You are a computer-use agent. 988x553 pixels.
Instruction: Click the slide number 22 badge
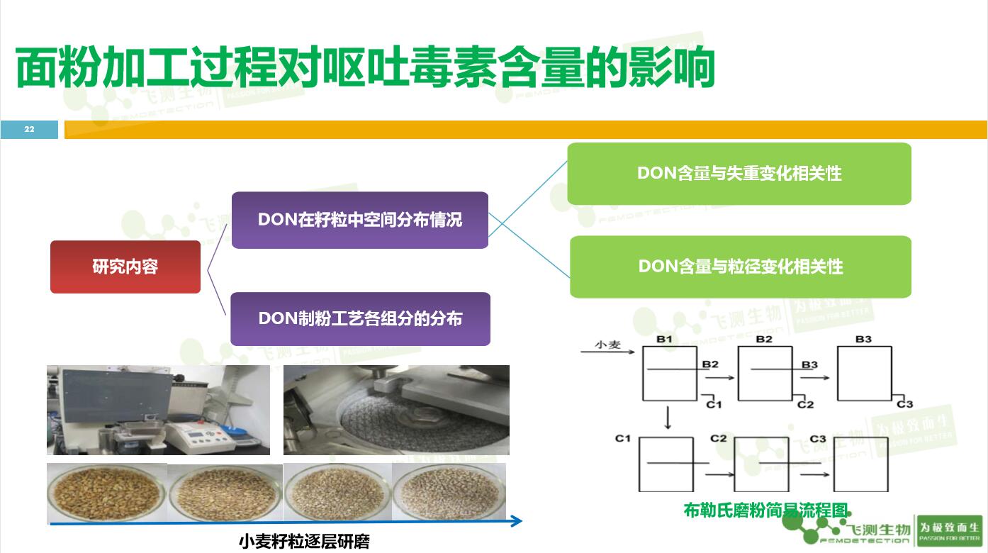click(x=29, y=129)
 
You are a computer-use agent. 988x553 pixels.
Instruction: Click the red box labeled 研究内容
click(x=125, y=267)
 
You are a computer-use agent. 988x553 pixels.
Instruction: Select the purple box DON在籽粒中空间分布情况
click(x=360, y=220)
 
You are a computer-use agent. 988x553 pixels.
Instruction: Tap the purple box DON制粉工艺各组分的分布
click(x=360, y=319)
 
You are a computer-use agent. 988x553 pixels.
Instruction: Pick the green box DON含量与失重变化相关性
click(x=739, y=174)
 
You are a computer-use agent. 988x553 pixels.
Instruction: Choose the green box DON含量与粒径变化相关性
click(x=741, y=267)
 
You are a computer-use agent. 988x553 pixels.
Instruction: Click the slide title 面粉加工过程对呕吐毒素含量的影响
click(x=365, y=69)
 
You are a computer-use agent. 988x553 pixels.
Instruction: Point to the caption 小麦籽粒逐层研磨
click(x=304, y=542)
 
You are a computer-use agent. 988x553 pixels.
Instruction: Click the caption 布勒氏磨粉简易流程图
click(x=766, y=510)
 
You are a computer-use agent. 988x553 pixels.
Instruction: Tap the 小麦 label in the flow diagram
click(x=607, y=345)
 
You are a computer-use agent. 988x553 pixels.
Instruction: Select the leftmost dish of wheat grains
click(x=106, y=493)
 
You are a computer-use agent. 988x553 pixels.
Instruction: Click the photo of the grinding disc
click(x=396, y=410)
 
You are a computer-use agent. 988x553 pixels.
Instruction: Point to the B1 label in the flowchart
click(x=663, y=340)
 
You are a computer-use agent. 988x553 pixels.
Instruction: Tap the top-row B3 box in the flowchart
click(x=864, y=374)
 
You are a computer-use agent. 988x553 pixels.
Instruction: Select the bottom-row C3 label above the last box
click(x=817, y=439)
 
